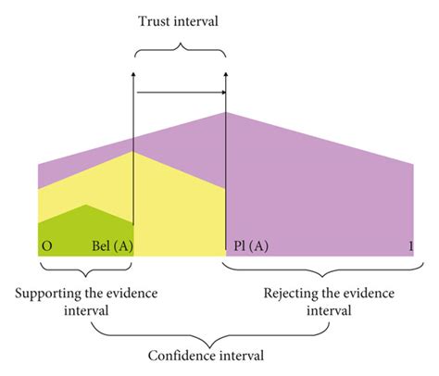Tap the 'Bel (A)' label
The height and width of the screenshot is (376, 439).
(x=112, y=247)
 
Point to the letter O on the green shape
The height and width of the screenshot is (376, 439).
(x=46, y=247)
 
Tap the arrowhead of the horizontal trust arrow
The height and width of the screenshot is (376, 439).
(x=221, y=93)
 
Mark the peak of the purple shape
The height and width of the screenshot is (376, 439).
(x=226, y=112)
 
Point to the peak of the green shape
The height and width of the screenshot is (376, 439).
(x=85, y=205)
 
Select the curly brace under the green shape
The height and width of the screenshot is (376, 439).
(x=85, y=270)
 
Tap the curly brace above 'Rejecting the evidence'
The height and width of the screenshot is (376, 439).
(x=320, y=270)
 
